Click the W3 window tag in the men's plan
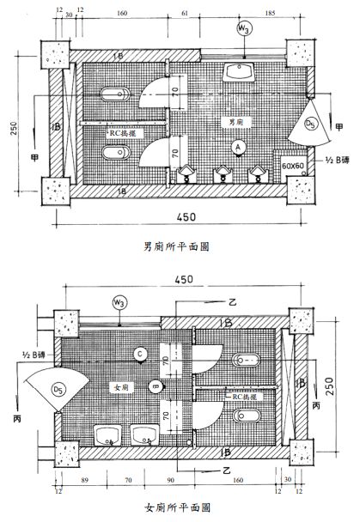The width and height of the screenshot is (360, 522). (245, 28)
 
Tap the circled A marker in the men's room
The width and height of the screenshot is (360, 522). (238, 148)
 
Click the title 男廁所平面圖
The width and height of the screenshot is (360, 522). (178, 246)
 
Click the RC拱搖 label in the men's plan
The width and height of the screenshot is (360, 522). (123, 133)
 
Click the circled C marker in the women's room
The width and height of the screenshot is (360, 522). (139, 353)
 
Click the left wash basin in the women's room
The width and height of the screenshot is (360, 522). (107, 434)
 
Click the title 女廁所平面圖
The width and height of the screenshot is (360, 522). (178, 507)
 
